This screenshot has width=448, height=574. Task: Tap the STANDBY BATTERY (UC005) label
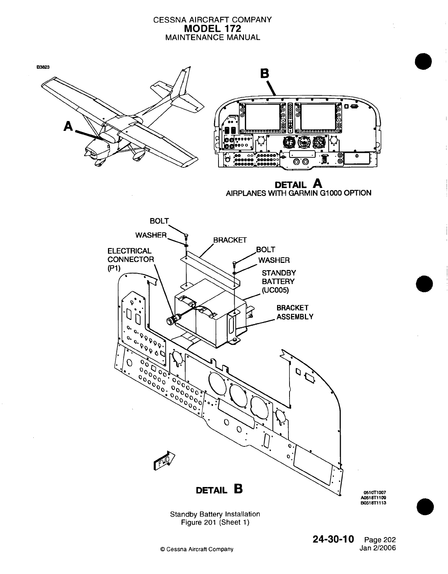coord(278,282)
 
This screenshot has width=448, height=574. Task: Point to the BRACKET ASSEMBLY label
coord(295,312)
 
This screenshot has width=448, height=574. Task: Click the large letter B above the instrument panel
coord(264,74)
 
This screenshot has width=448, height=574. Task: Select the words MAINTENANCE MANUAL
coord(212,37)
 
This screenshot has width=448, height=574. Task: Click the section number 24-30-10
coord(333,540)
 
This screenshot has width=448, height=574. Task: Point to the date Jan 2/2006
coord(378,548)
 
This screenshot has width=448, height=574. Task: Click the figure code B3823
coord(43,67)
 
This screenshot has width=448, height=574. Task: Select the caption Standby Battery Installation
coord(215,514)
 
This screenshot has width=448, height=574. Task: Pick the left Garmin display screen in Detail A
coord(261,116)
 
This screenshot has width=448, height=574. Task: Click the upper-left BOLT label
coord(159,221)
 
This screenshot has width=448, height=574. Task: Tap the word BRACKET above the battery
coord(230,240)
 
